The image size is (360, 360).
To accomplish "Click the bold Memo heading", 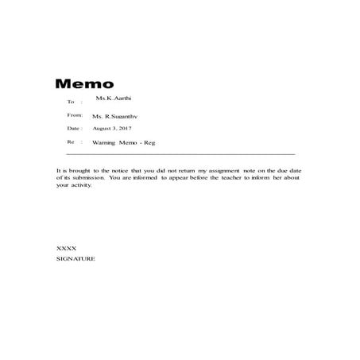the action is click(85, 84).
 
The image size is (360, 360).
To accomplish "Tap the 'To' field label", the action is click(71, 102).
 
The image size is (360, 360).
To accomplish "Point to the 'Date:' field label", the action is click(74, 128).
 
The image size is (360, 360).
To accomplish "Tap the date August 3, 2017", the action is click(112, 128).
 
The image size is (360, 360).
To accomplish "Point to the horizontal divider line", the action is click(175, 153).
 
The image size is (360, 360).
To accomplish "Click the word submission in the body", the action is click(86, 179).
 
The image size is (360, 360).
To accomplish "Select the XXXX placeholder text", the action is click(66, 249).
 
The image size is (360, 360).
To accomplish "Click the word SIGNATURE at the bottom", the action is click(76, 259).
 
